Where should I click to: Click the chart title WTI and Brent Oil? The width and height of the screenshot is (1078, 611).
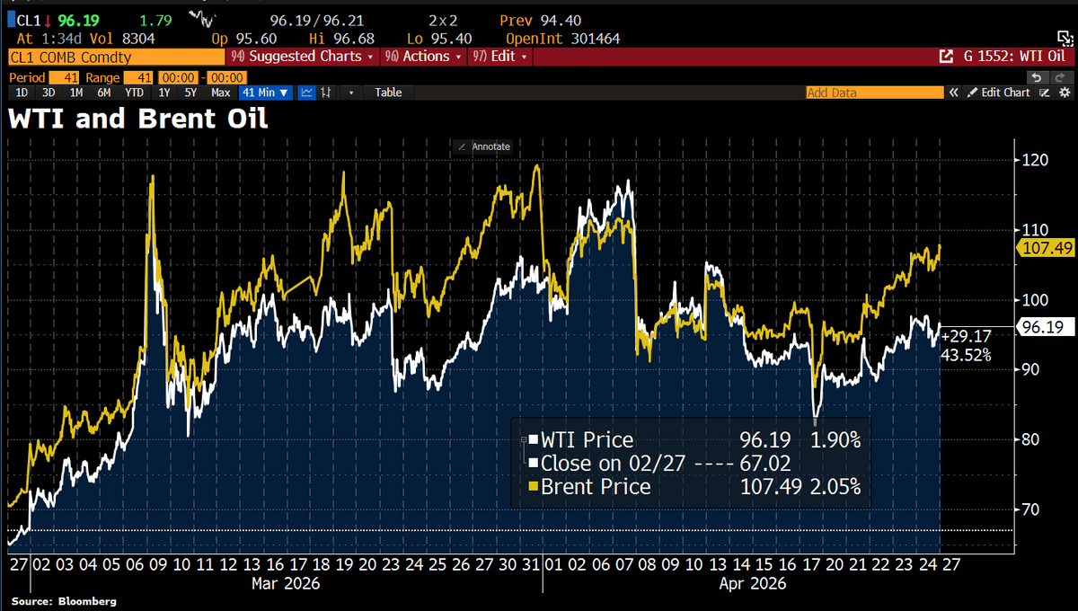(137, 120)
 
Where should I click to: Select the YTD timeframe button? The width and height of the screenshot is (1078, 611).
(135, 93)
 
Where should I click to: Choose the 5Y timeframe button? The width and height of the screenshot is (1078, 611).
(190, 93)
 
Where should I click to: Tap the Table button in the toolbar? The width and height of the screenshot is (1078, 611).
(388, 93)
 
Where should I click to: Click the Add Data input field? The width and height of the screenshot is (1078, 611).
(873, 93)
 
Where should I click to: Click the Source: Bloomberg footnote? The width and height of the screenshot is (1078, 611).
(64, 601)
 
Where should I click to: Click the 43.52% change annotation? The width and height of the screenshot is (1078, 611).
(965, 355)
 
